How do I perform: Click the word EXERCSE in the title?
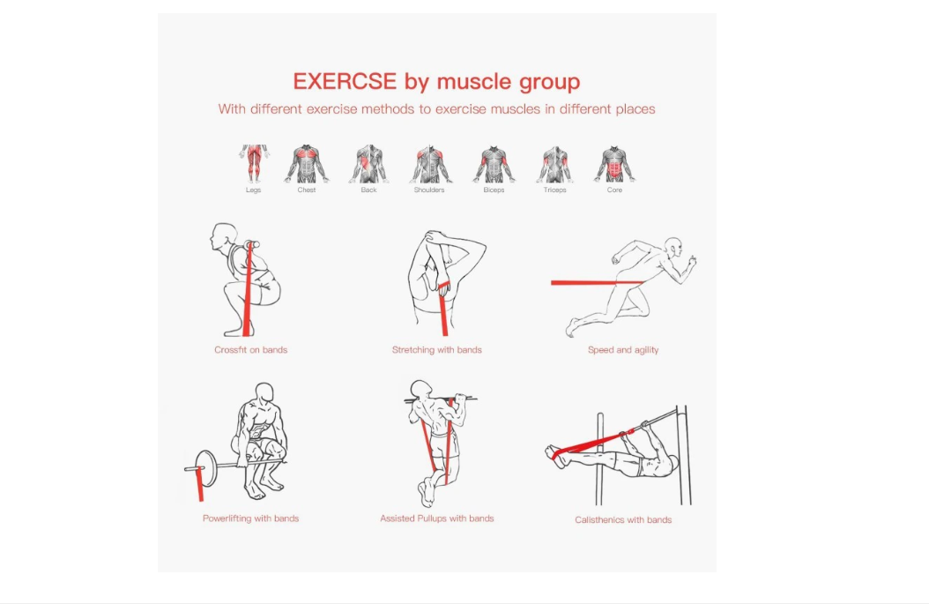tap(345, 81)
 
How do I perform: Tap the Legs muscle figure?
tap(254, 164)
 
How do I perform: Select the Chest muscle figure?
tap(307, 164)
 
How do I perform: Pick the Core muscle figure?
tap(614, 164)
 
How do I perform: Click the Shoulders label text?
tap(429, 190)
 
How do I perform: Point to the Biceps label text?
tap(494, 190)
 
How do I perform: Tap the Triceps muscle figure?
tap(554, 164)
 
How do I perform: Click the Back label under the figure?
tap(368, 190)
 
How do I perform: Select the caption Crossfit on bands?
tap(250, 350)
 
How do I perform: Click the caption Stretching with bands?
tap(436, 350)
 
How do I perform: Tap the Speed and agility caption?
tap(622, 350)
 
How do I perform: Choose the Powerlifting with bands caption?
tap(250, 518)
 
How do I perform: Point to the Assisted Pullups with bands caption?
tap(436, 518)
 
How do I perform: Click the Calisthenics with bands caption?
tap(622, 520)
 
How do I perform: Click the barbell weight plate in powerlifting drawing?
tap(206, 463)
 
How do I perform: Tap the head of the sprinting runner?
tap(673, 247)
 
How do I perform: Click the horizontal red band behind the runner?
tap(597, 283)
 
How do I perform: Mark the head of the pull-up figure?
tap(421, 390)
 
